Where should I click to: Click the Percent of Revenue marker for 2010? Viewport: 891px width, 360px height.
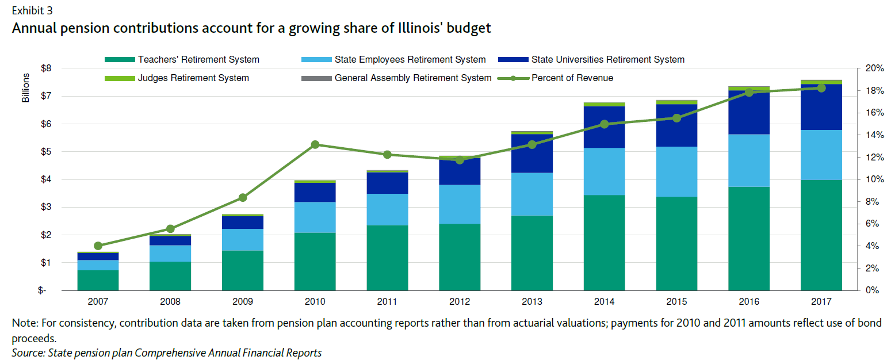315,144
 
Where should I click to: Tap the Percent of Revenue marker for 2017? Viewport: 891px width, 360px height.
821,88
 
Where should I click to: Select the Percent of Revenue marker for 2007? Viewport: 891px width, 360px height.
98,246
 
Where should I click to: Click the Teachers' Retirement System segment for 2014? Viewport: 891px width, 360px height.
604,243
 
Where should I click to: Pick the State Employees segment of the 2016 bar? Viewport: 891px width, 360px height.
749,160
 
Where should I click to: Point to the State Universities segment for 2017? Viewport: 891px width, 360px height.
821,107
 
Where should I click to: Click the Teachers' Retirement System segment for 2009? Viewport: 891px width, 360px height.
242,270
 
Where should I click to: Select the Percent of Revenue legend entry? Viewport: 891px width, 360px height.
572,78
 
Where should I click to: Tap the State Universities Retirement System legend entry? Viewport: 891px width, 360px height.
607,59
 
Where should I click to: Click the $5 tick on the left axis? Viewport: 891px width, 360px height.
46,152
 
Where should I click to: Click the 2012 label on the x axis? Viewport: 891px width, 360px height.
460,302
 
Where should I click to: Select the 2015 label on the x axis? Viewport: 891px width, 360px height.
676,302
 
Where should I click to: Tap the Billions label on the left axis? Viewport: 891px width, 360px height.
26,88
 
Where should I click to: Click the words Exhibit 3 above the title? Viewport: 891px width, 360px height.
31,10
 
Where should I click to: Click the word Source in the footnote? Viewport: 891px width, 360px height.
27,353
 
